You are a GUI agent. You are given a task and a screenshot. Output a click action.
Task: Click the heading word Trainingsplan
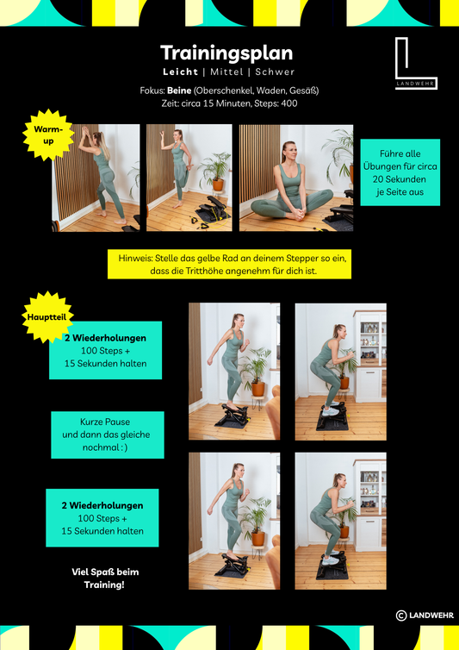pos(226,54)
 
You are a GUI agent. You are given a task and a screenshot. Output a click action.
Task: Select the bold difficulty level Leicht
pos(180,72)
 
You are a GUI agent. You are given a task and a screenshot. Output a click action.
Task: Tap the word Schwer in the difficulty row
pos(275,72)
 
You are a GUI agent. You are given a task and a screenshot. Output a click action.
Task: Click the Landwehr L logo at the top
pos(416,64)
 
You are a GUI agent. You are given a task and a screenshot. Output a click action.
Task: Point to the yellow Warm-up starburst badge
pos(48,135)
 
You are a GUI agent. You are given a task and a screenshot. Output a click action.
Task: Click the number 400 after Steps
pos(289,103)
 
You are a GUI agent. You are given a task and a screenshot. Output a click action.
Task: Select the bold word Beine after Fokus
pos(179,91)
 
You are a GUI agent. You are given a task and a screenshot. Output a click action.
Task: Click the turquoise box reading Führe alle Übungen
pos(400,172)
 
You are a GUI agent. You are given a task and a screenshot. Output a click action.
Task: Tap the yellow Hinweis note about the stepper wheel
pos(229,264)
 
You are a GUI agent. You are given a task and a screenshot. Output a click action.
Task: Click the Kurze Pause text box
pos(108,434)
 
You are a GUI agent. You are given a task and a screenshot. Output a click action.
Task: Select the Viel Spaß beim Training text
pos(105,578)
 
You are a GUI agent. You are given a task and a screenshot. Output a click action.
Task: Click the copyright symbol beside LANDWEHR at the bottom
pos(401,616)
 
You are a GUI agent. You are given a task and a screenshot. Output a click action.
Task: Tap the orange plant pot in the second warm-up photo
pos(218,184)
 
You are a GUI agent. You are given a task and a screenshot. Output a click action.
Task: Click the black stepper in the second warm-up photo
pos(211,208)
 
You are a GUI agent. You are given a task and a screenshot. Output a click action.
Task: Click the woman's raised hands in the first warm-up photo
pos(85,132)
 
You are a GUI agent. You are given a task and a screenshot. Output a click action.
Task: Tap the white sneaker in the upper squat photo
pos(331,411)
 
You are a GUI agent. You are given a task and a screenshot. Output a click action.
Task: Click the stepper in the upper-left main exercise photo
pos(232,416)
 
